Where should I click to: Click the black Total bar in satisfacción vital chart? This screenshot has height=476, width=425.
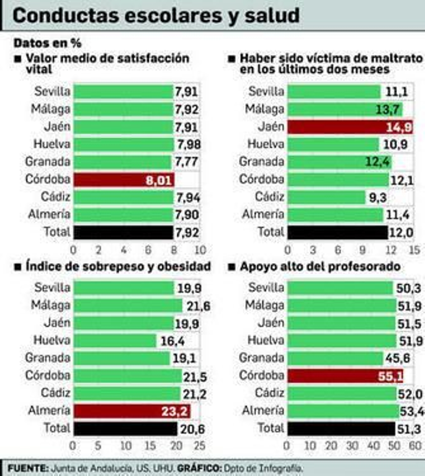click(123, 232)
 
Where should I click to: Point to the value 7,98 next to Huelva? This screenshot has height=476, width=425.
click(189, 145)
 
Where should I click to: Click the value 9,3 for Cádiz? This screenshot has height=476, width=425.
click(377, 197)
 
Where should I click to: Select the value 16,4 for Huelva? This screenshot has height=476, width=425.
click(172, 341)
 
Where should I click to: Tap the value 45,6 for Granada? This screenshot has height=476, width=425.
click(398, 359)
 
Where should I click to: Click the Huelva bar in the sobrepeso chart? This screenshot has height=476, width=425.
click(115, 341)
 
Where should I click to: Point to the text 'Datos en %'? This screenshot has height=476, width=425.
click(47, 43)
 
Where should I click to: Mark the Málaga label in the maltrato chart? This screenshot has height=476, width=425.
click(264, 109)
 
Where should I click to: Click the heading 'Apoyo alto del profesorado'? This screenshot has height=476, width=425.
click(320, 266)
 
